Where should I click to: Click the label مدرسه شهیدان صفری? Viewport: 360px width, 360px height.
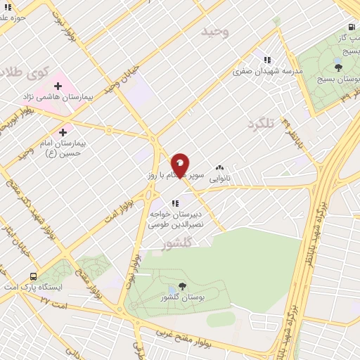268,72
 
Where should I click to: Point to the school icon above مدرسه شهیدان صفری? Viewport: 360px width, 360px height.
266,60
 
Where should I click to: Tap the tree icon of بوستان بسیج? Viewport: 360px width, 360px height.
339,67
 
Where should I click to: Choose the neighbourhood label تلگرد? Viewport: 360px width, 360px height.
259,124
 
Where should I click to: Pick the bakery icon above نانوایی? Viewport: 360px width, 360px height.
220,168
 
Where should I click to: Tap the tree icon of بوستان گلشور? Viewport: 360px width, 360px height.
183,286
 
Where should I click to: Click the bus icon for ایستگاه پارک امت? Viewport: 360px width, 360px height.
33,276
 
